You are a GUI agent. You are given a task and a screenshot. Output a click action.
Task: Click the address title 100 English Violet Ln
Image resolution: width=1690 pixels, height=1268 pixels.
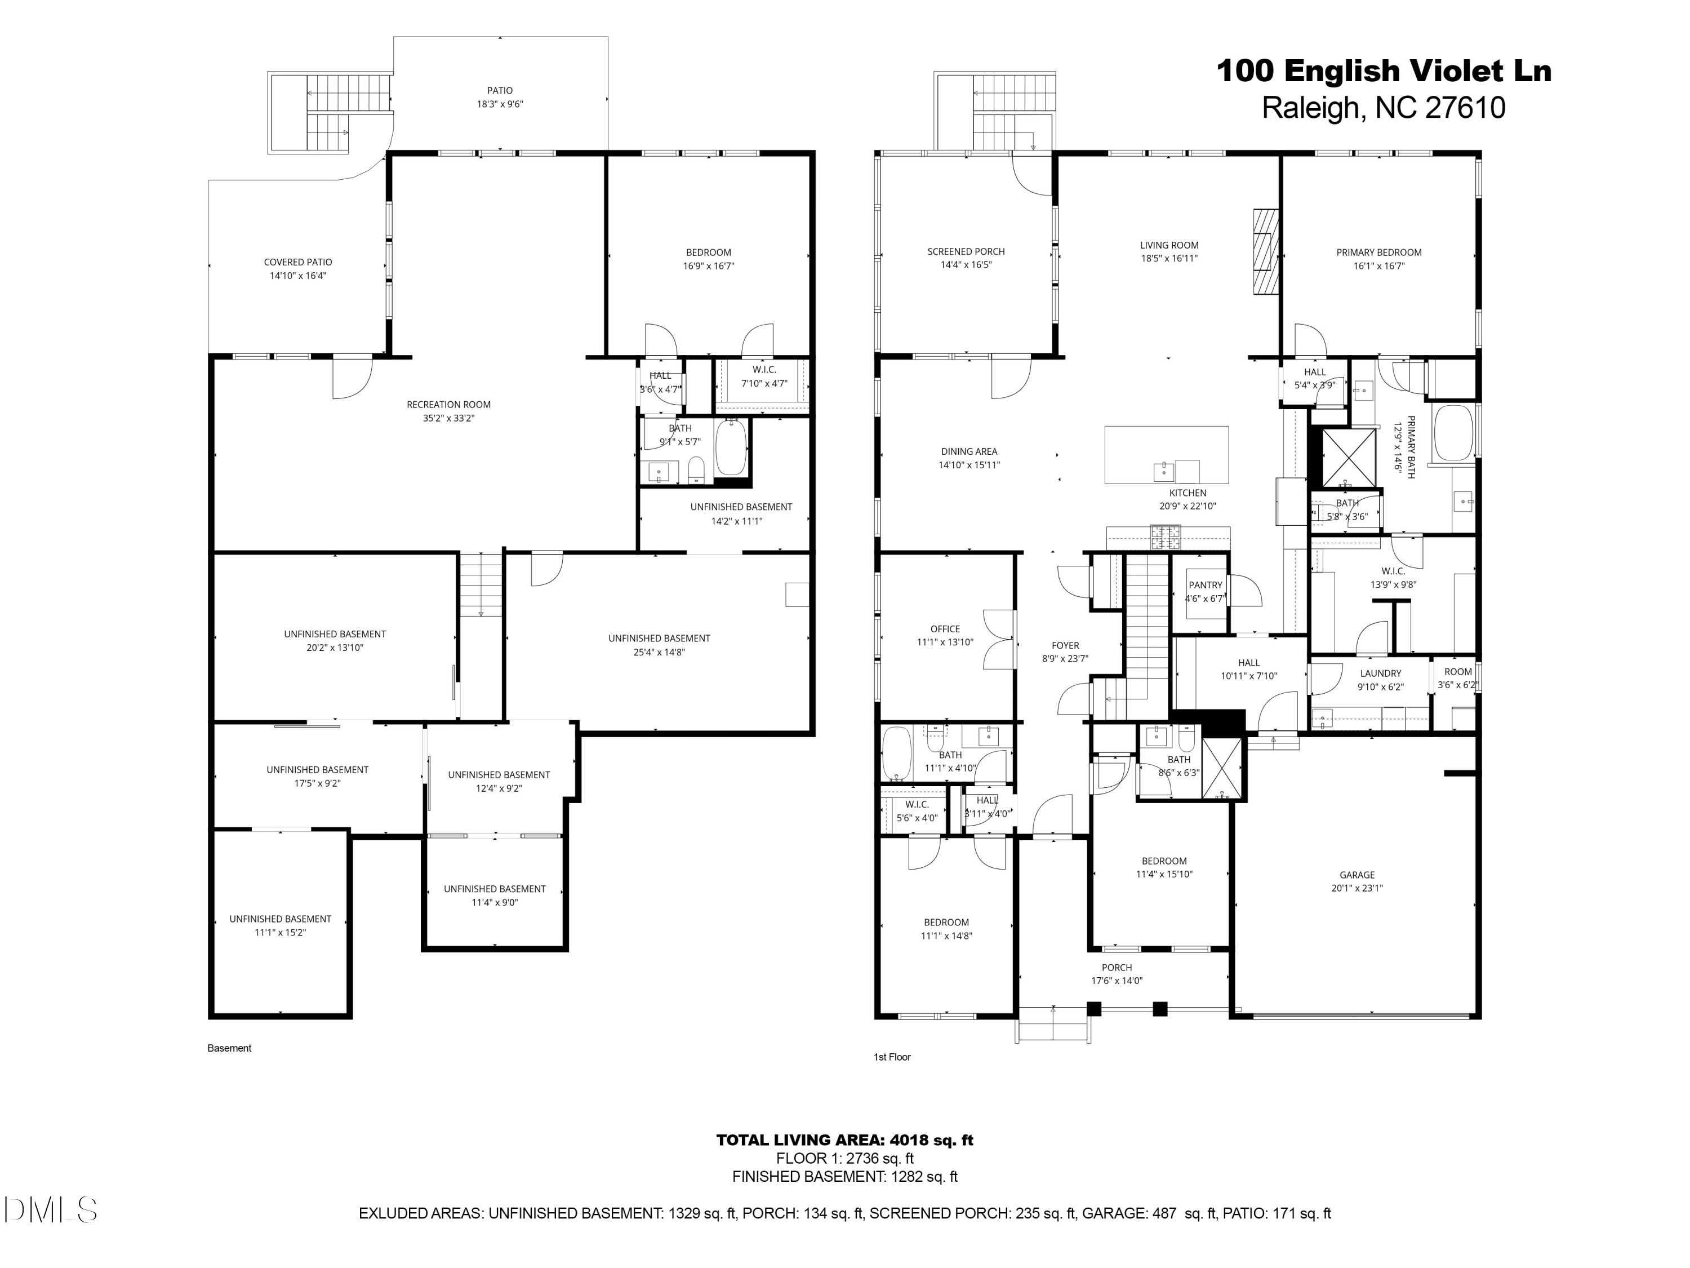tap(1383, 71)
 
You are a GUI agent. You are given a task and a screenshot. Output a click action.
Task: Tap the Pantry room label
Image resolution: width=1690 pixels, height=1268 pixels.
tap(1206, 585)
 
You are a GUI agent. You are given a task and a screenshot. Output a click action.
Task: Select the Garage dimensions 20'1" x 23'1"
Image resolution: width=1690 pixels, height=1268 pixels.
tap(1357, 888)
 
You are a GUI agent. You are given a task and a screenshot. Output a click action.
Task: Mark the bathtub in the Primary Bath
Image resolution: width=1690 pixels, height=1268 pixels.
tap(1454, 433)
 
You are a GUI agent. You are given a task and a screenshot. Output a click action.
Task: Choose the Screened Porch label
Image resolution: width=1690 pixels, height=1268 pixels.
tap(966, 251)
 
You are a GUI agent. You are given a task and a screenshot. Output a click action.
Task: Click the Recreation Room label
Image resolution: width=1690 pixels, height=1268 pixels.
tap(448, 404)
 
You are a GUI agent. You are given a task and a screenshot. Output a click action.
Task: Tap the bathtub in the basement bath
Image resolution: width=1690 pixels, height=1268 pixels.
tap(731, 446)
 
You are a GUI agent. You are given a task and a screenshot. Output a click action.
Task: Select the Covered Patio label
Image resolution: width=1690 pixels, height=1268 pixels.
tap(298, 262)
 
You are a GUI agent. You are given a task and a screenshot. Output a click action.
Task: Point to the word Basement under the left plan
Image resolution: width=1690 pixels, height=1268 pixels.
tap(229, 1048)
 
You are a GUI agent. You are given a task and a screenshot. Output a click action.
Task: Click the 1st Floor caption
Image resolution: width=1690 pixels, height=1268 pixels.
tap(892, 1057)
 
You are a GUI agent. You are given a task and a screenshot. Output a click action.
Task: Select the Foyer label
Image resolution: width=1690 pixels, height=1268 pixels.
tap(1065, 645)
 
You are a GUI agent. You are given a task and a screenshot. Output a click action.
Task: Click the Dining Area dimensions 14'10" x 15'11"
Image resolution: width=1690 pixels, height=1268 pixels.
tap(969, 465)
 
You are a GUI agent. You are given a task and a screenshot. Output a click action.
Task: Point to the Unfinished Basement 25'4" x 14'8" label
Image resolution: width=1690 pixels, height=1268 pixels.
tap(659, 638)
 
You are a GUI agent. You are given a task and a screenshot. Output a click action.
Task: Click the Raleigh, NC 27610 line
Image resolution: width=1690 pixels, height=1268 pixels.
tap(1383, 108)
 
